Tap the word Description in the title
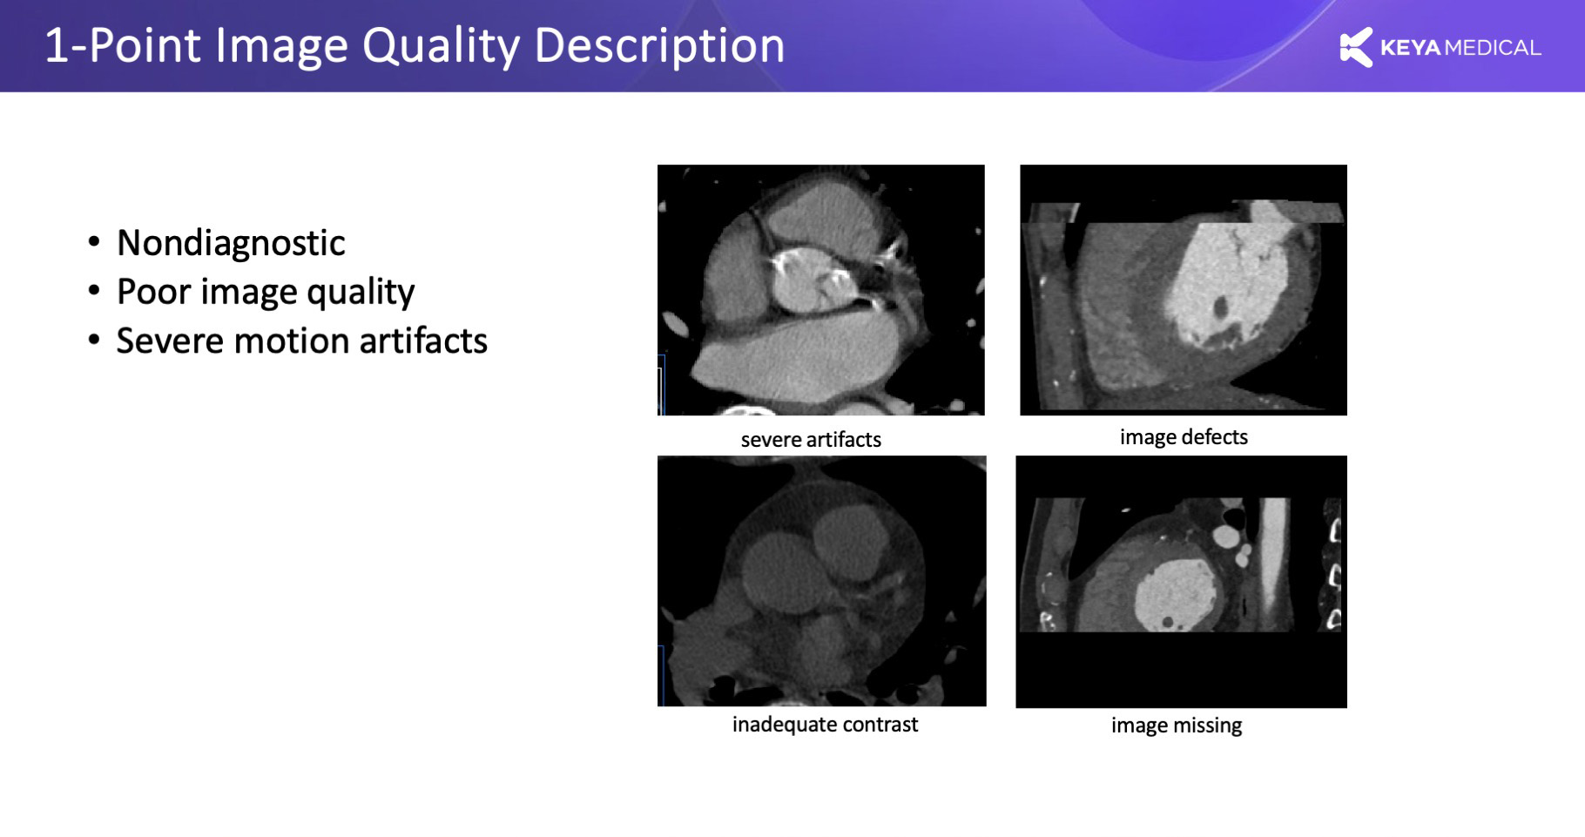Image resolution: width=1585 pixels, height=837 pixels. pyautogui.click(x=659, y=47)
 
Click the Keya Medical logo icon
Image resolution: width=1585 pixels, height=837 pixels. pyautogui.click(x=1355, y=47)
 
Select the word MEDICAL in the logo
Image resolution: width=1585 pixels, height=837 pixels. pyautogui.click(x=1493, y=48)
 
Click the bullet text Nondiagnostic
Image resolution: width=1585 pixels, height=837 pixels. pyautogui.click(x=231, y=243)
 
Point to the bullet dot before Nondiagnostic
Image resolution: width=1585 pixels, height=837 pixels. pyautogui.click(x=94, y=242)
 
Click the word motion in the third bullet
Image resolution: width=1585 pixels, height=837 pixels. pyautogui.click(x=291, y=341)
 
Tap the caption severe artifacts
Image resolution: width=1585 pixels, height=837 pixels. pyautogui.click(x=811, y=440)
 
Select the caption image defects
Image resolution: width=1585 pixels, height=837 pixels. pyautogui.click(x=1184, y=437)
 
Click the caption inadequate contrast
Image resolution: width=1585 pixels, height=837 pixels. pyautogui.click(x=825, y=725)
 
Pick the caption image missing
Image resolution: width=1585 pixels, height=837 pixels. pyautogui.click(x=1177, y=726)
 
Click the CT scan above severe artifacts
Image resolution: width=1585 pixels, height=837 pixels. pyautogui.click(x=821, y=290)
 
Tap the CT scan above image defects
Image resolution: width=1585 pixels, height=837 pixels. pyautogui.click(x=1184, y=290)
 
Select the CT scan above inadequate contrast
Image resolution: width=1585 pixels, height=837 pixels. pyautogui.click(x=822, y=581)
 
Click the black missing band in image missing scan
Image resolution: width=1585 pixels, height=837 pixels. pyautogui.click(x=1181, y=669)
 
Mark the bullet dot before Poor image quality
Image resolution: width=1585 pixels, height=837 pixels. pyautogui.click(x=94, y=291)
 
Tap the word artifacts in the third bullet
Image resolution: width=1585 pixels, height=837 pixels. pyautogui.click(x=423, y=341)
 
